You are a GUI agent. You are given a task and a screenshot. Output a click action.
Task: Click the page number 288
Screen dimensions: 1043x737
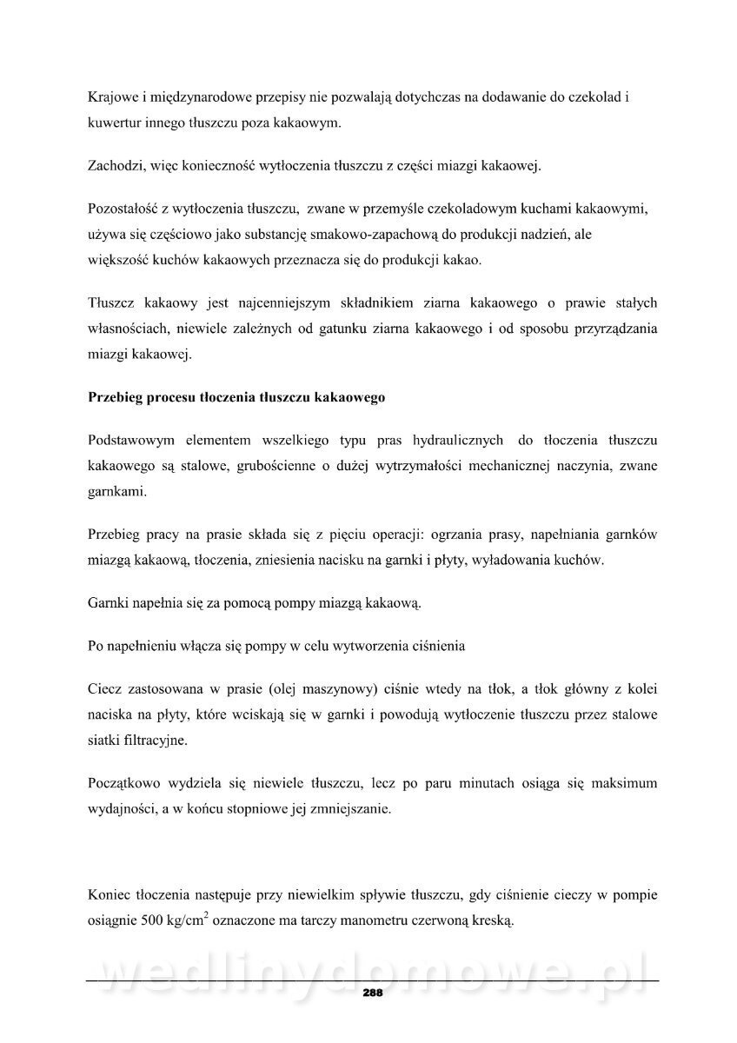(x=373, y=993)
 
